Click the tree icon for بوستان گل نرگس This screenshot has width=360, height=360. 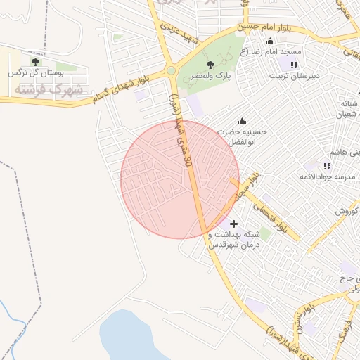point(35,62)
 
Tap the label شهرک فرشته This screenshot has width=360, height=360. point(48,89)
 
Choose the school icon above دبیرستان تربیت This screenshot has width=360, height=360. point(294,65)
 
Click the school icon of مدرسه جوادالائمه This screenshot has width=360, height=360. point(327,166)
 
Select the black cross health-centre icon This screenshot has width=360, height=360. point(234,224)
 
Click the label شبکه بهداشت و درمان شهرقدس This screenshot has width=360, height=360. point(234,239)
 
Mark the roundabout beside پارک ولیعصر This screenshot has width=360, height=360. point(171,70)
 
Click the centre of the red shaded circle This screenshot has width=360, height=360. point(180,180)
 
